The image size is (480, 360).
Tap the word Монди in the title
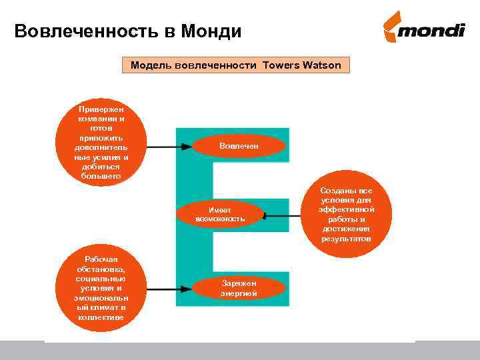[207, 31]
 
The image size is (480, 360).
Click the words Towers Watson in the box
[302, 65]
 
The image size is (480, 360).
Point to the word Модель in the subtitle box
[151, 65]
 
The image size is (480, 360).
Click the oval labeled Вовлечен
[239, 146]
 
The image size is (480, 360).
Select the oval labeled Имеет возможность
[221, 214]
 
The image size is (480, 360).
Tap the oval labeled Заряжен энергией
[239, 288]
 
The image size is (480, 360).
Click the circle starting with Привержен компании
[101, 142]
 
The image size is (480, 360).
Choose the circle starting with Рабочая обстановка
[101, 288]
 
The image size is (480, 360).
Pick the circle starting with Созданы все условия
[347, 214]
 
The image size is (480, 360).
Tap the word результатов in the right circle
[347, 238]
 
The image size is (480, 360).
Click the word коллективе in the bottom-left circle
[101, 317]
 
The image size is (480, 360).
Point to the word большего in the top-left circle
[101, 176]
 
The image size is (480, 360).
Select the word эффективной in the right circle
[347, 209]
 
